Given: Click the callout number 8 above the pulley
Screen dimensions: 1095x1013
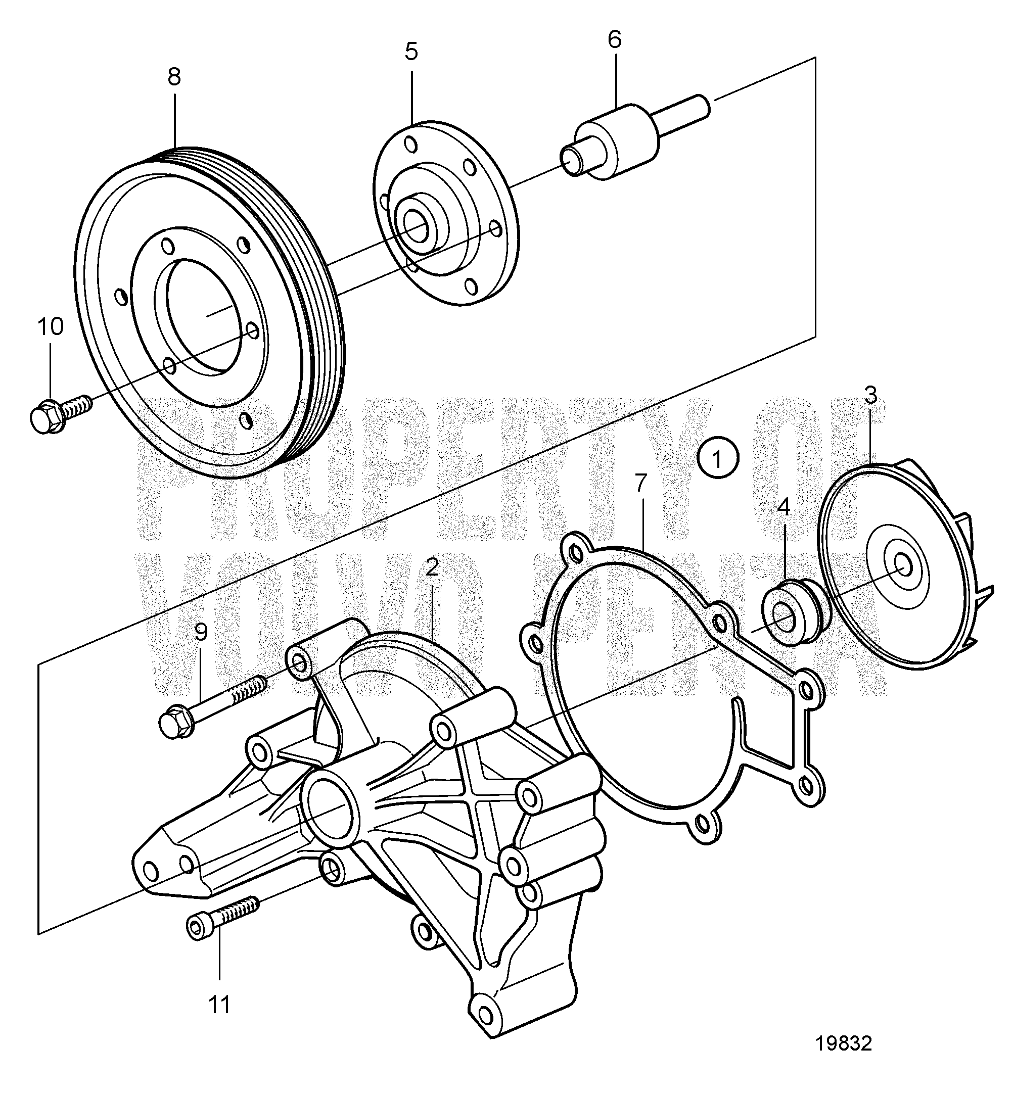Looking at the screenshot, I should point(174,77).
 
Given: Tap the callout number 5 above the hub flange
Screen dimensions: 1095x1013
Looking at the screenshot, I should point(411,52).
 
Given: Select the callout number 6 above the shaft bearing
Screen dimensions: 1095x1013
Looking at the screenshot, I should point(615,39).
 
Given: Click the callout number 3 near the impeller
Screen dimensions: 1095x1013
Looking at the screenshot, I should point(870,395).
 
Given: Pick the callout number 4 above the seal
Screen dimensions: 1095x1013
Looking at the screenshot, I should point(784,507).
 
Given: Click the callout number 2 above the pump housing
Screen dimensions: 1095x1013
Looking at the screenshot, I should point(432,567).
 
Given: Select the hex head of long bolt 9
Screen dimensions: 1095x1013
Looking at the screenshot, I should point(176,724).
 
